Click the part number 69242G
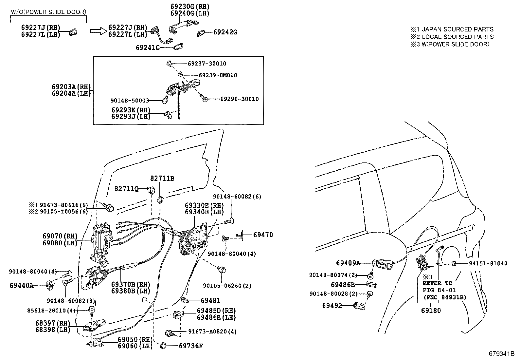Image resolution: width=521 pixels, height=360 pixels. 225,32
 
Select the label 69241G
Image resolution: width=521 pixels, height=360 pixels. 148,47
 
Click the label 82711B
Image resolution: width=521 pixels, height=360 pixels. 162,179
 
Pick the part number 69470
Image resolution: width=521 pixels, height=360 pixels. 263,235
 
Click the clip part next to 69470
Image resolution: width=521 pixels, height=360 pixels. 243,235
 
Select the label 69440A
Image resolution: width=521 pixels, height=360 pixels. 22,286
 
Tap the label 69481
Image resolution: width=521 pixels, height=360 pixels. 210,300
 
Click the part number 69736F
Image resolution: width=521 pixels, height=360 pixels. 191,346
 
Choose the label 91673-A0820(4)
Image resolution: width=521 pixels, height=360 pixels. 212,332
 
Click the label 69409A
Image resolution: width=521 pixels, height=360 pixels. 348,263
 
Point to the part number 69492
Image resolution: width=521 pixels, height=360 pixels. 332,306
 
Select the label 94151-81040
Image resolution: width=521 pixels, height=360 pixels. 487,263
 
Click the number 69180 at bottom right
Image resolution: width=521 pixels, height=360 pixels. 431,311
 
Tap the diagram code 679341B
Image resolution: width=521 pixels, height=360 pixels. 502,354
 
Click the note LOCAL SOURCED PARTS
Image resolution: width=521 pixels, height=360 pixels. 457,37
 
